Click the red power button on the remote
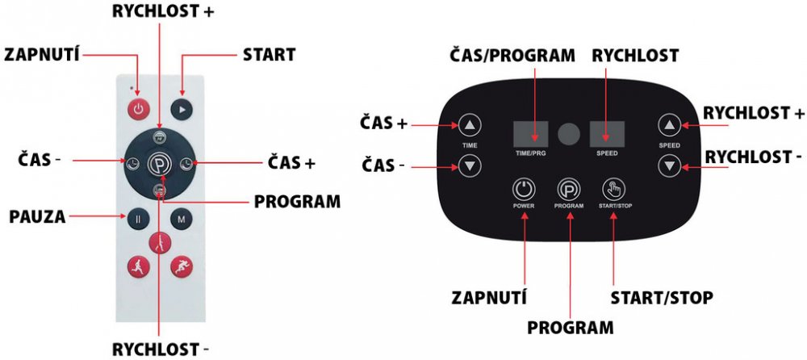138,108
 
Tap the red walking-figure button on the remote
159,241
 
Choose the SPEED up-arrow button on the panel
668,125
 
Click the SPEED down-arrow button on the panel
668,167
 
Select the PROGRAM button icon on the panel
568,190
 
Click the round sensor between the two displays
569,133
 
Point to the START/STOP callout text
661,298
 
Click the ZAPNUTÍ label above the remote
41,54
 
